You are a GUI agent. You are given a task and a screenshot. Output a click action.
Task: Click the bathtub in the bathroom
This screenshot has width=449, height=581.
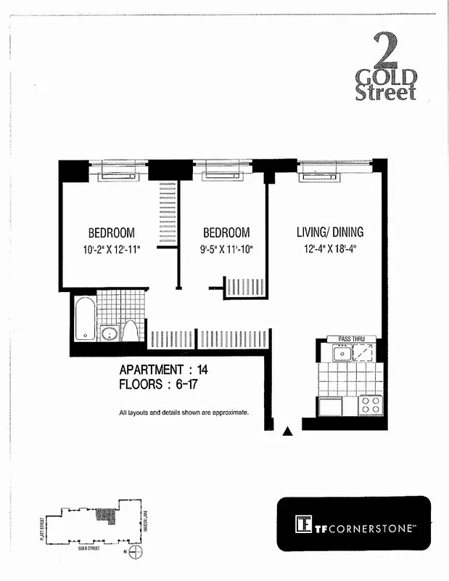85,318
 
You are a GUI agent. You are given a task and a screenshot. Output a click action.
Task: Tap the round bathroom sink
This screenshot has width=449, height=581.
110,334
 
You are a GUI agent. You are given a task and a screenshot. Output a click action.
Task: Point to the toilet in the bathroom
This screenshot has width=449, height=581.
131,331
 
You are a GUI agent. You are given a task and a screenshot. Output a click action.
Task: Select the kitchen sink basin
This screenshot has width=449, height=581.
341,354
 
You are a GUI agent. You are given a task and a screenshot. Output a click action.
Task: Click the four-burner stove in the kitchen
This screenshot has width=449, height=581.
371,405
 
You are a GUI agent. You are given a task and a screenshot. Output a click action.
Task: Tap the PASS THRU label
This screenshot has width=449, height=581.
351,338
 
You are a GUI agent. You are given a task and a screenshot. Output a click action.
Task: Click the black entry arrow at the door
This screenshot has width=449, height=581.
287,431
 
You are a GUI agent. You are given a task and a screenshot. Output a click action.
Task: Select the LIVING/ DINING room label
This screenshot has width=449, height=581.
329,233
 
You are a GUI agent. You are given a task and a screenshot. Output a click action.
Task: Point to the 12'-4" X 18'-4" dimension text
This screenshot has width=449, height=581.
329,250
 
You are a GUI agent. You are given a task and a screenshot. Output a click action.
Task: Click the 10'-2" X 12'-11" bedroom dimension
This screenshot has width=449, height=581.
111,250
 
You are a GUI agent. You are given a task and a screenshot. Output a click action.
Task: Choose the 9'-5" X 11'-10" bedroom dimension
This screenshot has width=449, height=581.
226,250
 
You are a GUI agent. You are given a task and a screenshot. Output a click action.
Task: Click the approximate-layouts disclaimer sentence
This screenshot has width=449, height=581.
184,413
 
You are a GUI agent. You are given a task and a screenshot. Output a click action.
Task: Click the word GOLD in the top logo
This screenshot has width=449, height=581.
386,77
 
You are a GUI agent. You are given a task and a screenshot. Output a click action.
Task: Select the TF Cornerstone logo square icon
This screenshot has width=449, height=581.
303,524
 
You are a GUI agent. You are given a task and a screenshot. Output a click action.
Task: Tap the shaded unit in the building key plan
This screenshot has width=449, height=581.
106,516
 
